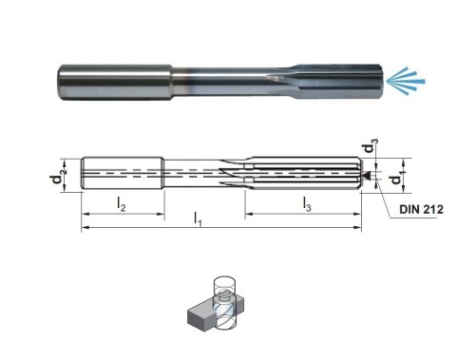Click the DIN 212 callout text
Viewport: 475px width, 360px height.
coord(421,209)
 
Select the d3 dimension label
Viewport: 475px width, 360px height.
coord(370,146)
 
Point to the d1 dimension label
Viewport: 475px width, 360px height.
coord(398,177)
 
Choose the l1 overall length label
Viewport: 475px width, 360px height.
coord(198,218)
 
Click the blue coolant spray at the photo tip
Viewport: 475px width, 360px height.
coord(406,81)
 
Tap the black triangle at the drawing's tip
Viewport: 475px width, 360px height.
coord(368,175)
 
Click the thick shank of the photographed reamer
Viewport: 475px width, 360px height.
coord(115,83)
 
